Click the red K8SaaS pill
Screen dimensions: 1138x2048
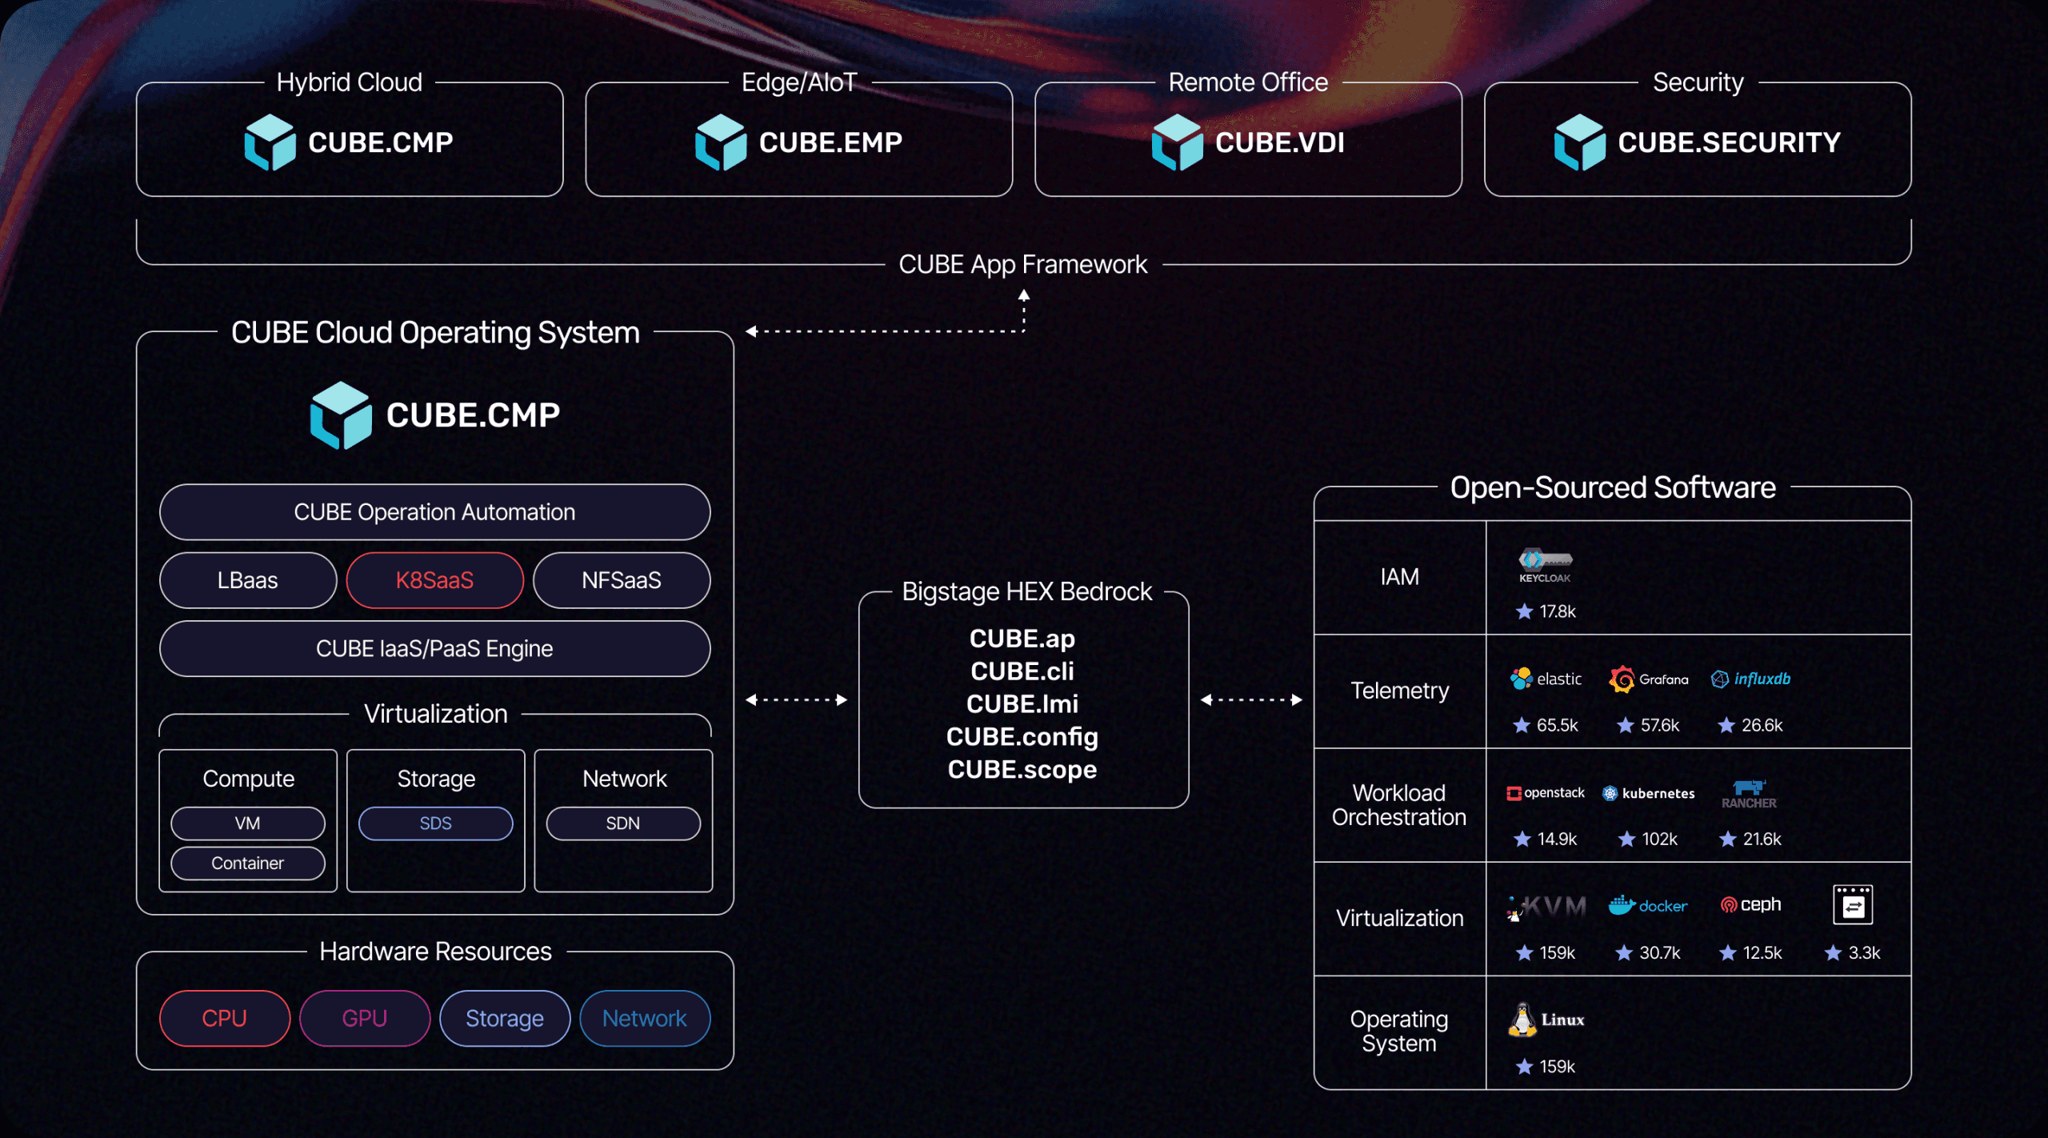pos(434,580)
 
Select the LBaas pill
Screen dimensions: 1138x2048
pos(248,580)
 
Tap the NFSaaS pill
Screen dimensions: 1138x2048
pos(622,580)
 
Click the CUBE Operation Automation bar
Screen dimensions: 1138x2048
pos(434,512)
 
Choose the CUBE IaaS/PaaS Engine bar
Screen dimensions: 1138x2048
pos(434,648)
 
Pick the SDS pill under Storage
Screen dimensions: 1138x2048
pos(435,823)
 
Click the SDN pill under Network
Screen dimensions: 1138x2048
pos(622,823)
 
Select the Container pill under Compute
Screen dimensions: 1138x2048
pos(248,864)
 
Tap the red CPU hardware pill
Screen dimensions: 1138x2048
pos(225,1018)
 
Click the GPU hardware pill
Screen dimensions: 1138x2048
pos(365,1018)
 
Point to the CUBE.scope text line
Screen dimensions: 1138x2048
pos(1022,769)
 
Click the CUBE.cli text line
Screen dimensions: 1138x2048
pos(1022,671)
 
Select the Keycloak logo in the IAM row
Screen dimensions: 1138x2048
pos(1546,565)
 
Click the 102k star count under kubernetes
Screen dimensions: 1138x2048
pos(1658,839)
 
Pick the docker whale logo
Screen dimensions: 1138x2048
pos(1622,905)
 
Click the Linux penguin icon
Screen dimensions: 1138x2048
pos(1522,1020)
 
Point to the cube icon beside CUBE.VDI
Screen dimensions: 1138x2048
pos(1178,142)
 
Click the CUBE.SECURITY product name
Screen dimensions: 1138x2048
pos(1729,142)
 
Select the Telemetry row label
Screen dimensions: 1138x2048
pos(1399,691)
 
